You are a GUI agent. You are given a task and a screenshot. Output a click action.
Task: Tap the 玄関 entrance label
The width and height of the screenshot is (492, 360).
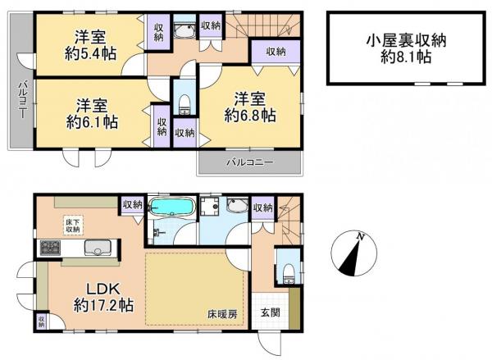271,312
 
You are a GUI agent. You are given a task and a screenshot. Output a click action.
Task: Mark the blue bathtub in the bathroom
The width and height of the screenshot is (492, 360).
171,207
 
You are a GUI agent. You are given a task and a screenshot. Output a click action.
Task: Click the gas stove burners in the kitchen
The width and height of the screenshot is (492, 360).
48,248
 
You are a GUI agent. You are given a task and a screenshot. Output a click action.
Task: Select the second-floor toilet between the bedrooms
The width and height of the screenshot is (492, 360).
184,100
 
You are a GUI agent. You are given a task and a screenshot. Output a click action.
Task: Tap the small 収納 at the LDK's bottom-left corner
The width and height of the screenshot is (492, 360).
40,321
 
